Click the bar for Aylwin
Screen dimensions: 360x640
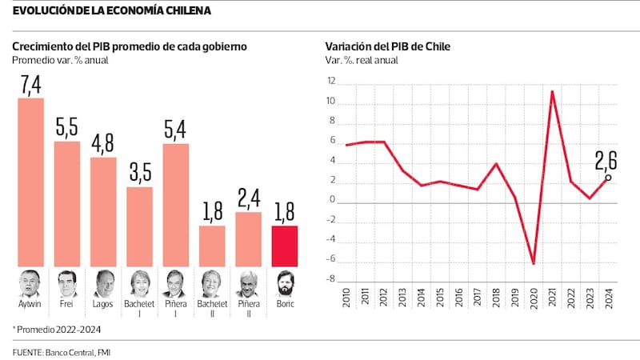30,182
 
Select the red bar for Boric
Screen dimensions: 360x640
285,246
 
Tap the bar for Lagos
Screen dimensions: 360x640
103,211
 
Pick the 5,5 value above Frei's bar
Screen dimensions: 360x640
67,127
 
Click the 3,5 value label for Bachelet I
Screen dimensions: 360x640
139,173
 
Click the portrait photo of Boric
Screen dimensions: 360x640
285,284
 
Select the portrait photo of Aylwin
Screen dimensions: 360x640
30,284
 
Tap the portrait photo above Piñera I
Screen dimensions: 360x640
176,284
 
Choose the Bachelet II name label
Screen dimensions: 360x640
212,310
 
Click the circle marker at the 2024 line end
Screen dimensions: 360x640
608,178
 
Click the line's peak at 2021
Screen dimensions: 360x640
552,91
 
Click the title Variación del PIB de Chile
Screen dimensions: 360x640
388,46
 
